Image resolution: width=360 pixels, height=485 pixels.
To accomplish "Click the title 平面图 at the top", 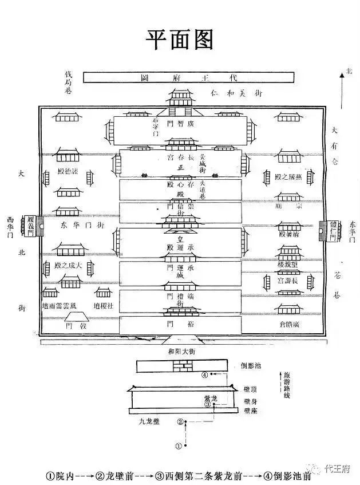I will pyautogui.click(x=180, y=40).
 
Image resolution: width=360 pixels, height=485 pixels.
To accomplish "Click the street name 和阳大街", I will pyautogui.click(x=181, y=351).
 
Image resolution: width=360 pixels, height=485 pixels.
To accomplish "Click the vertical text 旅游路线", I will pyautogui.click(x=286, y=391).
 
